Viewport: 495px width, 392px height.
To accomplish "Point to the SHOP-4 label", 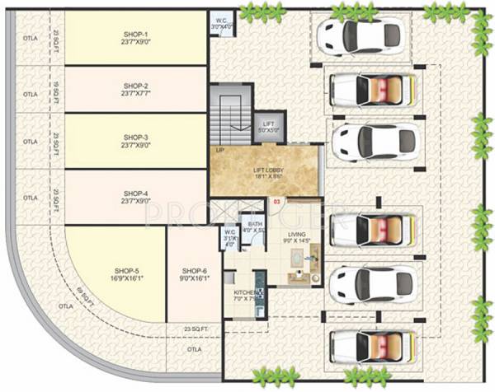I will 136,196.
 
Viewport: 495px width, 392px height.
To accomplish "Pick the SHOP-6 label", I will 194,274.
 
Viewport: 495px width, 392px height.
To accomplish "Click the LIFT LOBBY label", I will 268,173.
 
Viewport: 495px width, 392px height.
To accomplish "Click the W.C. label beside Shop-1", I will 219,25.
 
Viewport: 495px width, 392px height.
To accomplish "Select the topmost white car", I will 359,36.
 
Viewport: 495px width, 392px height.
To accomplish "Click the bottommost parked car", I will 371,346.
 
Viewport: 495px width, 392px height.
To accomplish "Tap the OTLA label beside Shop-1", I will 30,38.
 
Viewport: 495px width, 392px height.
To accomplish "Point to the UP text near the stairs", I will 220,151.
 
